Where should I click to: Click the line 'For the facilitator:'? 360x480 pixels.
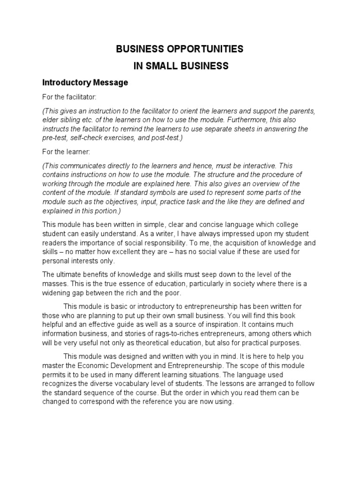(69, 97)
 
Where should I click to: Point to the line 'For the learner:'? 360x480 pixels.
(65, 153)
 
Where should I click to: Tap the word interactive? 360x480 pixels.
(256, 166)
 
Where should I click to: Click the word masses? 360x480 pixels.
(56, 284)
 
